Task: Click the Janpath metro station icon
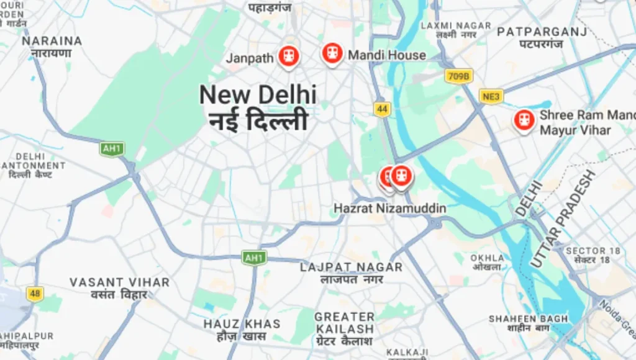pos(288,56)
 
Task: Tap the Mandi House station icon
pos(332,53)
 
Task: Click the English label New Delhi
pos(258,95)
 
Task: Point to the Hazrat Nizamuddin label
pos(390,209)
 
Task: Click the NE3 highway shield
pos(491,96)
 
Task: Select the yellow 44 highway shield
pos(382,110)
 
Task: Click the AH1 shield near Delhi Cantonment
pos(112,149)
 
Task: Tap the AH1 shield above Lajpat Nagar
pos(254,258)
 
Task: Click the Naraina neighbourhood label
pos(52,41)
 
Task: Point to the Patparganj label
pos(542,31)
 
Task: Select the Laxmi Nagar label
pos(456,26)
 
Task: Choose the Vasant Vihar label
pos(119,282)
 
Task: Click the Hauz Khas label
pos(242,324)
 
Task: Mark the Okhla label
pos(487,258)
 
